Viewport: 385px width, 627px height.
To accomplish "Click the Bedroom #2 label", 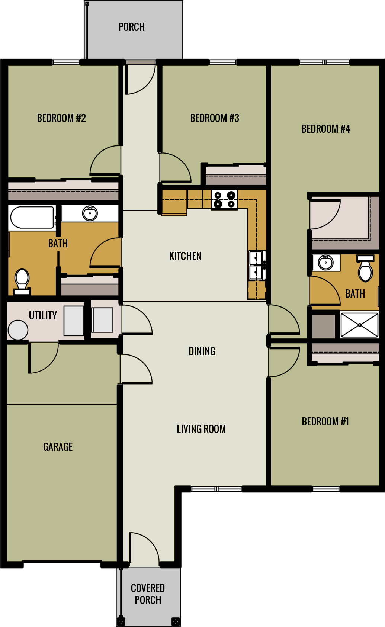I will pyautogui.click(x=61, y=118).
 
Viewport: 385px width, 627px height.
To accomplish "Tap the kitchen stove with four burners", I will pyautogui.click(x=224, y=199).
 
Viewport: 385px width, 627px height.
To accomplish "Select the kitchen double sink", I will pyautogui.click(x=256, y=265).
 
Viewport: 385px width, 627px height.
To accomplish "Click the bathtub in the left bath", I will pyautogui.click(x=32, y=217).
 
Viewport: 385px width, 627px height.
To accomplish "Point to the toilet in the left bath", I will pyautogui.click(x=22, y=280).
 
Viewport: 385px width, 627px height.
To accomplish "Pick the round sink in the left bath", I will pyautogui.click(x=90, y=213).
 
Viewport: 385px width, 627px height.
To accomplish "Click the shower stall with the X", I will pyautogui.click(x=359, y=325).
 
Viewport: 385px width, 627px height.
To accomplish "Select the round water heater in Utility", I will pyautogui.click(x=18, y=330).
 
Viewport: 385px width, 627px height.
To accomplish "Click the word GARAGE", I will pyautogui.click(x=58, y=447).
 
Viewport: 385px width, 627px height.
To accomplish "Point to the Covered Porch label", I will pyautogui.click(x=148, y=594).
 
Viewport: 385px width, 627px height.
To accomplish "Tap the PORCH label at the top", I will pyautogui.click(x=131, y=27).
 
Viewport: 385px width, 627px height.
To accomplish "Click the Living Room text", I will pyautogui.click(x=201, y=429).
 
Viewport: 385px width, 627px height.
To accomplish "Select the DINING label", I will pyautogui.click(x=202, y=351).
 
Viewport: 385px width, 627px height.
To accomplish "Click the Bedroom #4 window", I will pyautogui.click(x=324, y=62).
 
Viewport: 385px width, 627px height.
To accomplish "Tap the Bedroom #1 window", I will pyautogui.click(x=325, y=489).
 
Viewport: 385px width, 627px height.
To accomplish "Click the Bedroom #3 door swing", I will pyautogui.click(x=174, y=168).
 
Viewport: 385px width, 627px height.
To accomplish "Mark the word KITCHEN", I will pyautogui.click(x=185, y=256).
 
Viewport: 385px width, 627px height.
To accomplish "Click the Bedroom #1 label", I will pyautogui.click(x=325, y=422).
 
